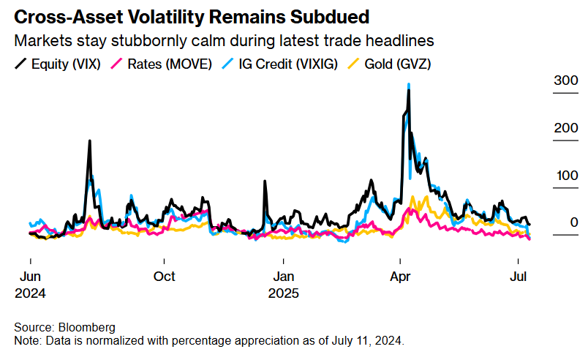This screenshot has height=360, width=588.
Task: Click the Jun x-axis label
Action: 30,277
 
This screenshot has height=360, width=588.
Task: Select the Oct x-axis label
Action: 165,277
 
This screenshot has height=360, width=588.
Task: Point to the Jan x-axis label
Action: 284,277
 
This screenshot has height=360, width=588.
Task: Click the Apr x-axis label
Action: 400,277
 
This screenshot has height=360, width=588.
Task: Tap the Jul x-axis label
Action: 519,277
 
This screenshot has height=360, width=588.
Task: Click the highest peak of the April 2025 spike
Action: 408,86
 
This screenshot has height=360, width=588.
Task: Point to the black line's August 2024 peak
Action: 89,141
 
